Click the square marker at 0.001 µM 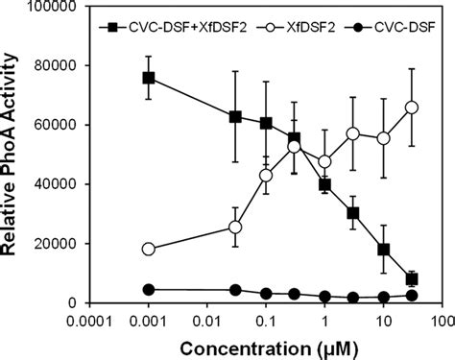click(x=148, y=78)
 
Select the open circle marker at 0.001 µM click(x=148, y=249)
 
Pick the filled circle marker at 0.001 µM click(x=148, y=290)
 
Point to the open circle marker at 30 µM click(x=412, y=108)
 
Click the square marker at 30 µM click(x=412, y=279)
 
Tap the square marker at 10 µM click(x=383, y=250)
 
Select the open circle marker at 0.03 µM click(x=235, y=228)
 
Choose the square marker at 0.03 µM click(x=235, y=117)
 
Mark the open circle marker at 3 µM click(x=353, y=133)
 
